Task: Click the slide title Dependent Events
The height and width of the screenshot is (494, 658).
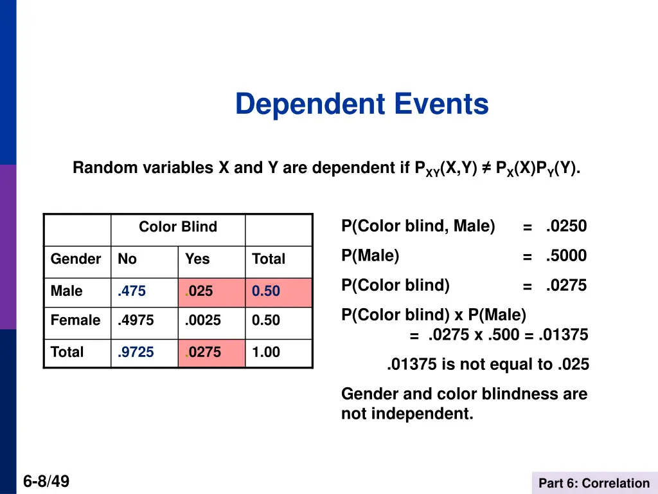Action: [362, 104]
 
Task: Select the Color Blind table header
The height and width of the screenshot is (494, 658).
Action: [178, 227]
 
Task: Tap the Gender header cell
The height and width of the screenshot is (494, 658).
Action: [76, 259]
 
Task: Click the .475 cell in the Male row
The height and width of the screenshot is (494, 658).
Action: [132, 291]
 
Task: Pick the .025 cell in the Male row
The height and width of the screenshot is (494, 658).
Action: [199, 291]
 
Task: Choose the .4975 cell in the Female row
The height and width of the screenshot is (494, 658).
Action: [136, 320]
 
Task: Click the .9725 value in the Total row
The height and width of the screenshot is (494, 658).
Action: [136, 352]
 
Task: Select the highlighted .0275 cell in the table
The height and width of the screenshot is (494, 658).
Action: [202, 352]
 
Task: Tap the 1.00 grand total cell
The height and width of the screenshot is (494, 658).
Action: [266, 352]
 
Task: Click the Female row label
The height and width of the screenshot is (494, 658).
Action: [76, 320]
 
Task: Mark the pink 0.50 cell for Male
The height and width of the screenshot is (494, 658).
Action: [266, 291]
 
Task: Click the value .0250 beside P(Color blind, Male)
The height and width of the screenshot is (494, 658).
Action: [566, 226]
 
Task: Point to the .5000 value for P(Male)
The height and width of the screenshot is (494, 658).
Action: [566, 256]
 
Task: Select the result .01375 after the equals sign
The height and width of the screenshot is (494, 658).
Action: [564, 335]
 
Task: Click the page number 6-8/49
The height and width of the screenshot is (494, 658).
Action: [46, 482]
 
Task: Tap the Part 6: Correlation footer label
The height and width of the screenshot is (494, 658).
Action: [594, 484]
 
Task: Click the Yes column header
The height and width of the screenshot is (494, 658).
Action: [197, 259]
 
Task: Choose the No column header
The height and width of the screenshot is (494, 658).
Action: [127, 259]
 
